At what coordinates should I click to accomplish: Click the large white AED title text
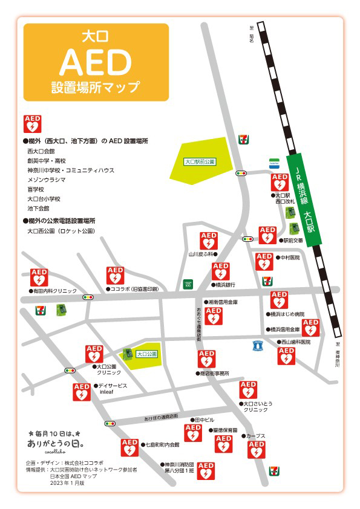tap(96, 61)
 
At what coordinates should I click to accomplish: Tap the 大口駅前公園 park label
tap(200, 162)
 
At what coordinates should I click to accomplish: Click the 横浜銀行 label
tap(224, 284)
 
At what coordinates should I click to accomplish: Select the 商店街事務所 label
tap(214, 374)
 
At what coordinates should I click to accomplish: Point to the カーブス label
tap(255, 435)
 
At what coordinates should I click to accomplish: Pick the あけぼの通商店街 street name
tap(161, 417)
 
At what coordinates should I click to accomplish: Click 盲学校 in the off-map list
tap(37, 189)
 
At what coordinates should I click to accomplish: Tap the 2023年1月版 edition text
tap(67, 484)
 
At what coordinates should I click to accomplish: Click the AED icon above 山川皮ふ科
tap(208, 241)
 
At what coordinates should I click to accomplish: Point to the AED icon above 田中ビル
tap(193, 433)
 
